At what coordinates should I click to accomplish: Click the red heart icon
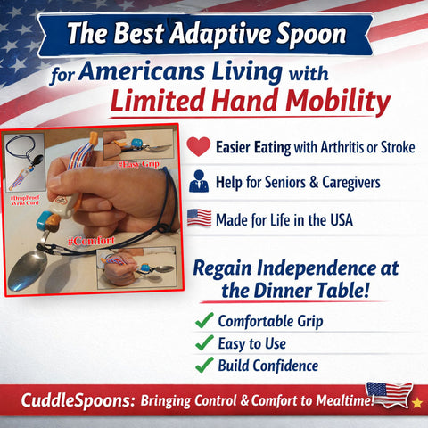tap(200, 147)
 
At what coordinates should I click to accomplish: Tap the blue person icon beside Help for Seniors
tap(200, 183)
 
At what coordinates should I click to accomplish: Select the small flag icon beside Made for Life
tap(200, 218)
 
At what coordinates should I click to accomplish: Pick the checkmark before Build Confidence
tap(203, 365)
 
